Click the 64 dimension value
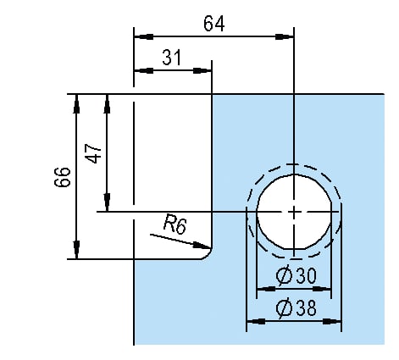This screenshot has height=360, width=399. tap(214, 24)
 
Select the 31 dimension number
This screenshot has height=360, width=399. tap(172, 58)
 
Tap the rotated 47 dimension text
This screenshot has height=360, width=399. tap(94, 153)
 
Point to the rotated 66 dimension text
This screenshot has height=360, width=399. tap(63, 177)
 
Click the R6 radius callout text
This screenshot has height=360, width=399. tap(175, 224)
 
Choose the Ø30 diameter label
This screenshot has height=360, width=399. tap(296, 275)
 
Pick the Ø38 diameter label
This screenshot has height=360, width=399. tap(296, 307)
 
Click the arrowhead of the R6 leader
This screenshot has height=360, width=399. tap(202, 246)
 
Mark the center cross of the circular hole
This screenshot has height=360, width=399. tap(294, 212)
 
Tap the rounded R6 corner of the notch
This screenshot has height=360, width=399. tap(209, 256)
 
